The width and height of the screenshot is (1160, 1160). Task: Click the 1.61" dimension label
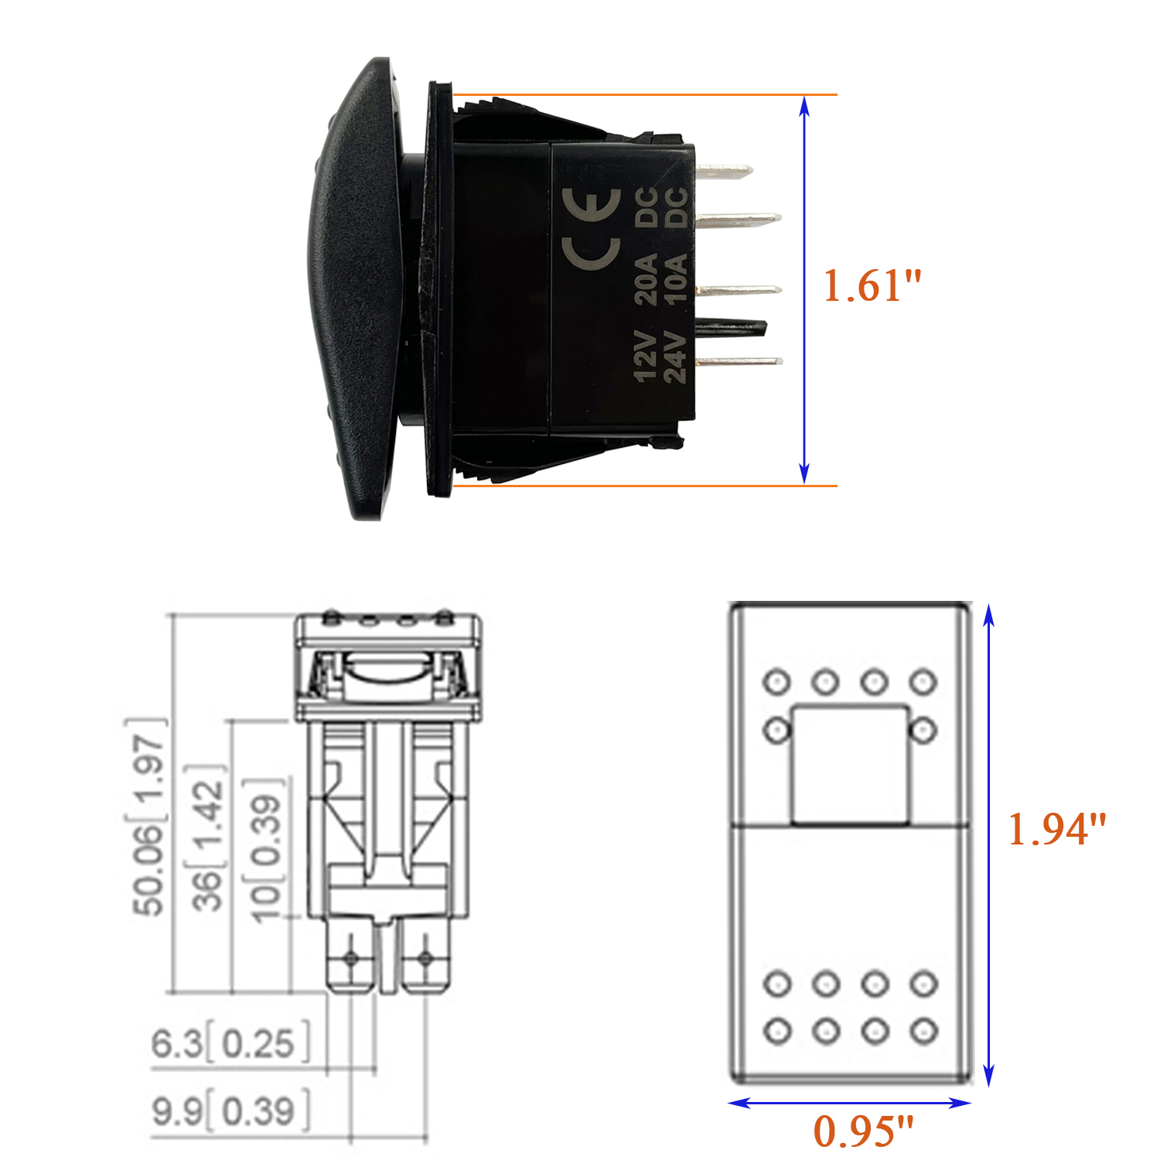point(872,286)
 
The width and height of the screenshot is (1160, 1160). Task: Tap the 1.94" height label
point(1057,829)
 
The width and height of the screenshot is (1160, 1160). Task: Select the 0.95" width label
point(863,1131)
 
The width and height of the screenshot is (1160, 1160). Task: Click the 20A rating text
point(645,278)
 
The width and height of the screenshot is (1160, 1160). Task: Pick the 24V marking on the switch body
point(674,357)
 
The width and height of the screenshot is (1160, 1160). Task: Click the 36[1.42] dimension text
point(207,838)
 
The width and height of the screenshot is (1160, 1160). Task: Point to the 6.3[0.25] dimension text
point(230,1043)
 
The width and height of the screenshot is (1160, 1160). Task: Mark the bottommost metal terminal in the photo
point(739,361)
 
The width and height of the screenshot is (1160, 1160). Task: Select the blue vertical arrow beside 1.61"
point(804,290)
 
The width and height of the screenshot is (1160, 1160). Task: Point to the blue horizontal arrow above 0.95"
point(849,1103)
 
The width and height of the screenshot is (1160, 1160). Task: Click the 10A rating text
point(675,278)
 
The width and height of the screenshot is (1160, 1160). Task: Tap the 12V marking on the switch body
point(645,357)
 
